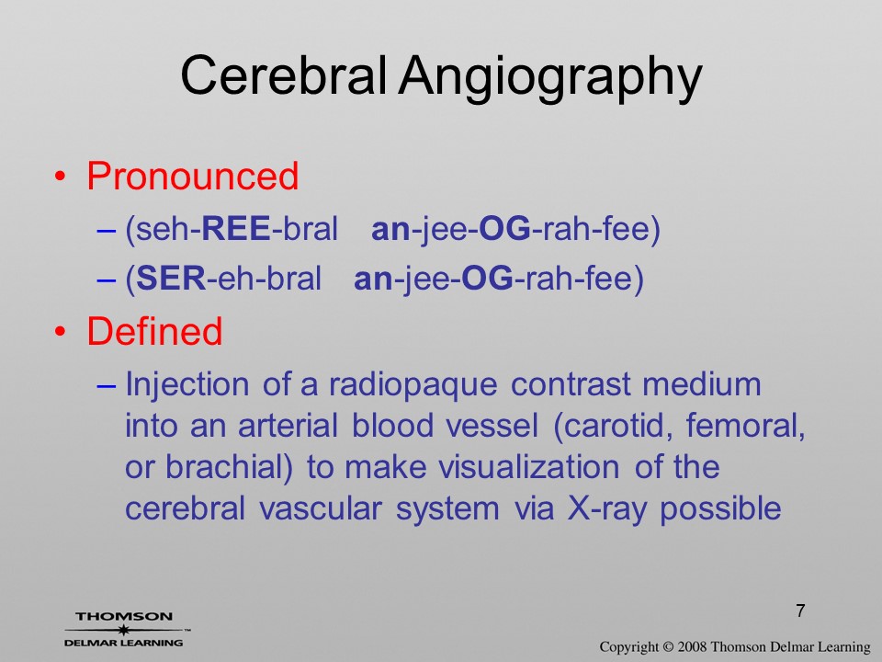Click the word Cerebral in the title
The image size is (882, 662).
(x=284, y=76)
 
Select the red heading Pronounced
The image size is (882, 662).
(x=192, y=176)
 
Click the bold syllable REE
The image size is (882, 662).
(x=236, y=229)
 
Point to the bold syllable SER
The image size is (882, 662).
(x=171, y=278)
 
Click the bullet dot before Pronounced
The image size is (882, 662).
(x=61, y=177)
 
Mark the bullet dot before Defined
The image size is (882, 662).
(x=61, y=332)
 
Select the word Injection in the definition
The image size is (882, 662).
(x=187, y=386)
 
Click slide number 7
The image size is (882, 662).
(x=800, y=611)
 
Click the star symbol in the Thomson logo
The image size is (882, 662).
(x=123, y=630)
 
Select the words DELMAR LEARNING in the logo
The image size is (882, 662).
(x=124, y=643)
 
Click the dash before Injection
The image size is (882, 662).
(x=107, y=386)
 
